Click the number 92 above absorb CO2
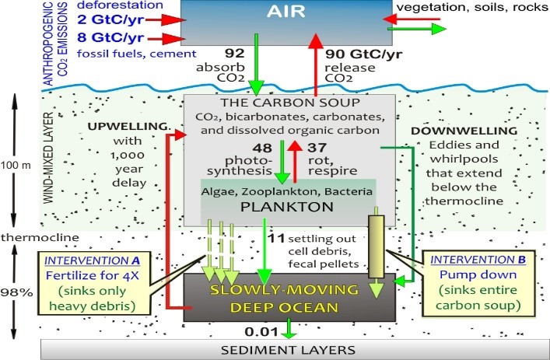tap(235, 54)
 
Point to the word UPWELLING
tap(117, 126)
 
